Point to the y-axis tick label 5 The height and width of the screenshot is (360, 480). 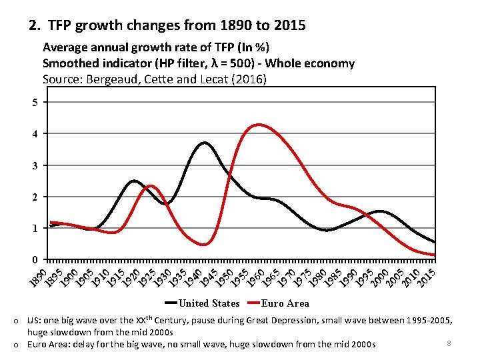tap(35, 102)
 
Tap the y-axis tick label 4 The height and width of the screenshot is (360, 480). tap(35, 134)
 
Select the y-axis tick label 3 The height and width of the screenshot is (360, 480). tap(35, 165)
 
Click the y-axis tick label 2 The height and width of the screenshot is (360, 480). tap(35, 197)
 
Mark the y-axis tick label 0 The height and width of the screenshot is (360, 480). tap(35, 259)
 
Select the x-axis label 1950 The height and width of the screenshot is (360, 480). tap(224, 279)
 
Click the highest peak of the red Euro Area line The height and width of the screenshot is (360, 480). tap(258, 124)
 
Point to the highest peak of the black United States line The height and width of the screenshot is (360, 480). tap(204, 143)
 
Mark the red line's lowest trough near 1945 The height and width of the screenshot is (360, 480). tap(204, 245)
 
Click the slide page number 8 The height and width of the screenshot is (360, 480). tap(449, 343)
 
